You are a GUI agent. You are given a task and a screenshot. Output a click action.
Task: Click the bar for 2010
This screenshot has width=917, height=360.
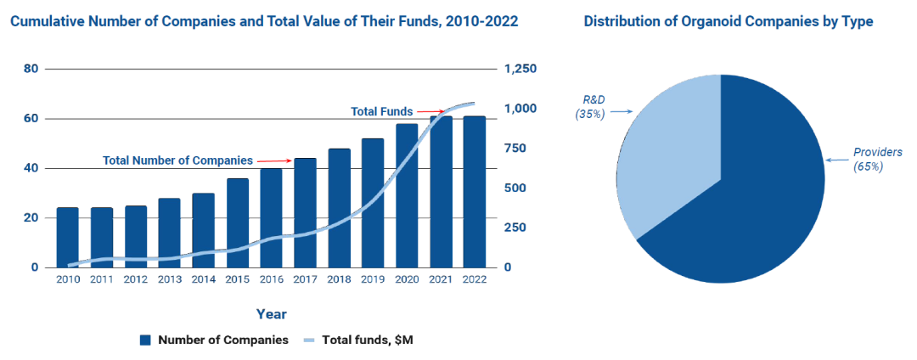[67, 237]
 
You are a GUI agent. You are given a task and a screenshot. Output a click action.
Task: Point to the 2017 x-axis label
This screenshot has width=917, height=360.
[305, 279]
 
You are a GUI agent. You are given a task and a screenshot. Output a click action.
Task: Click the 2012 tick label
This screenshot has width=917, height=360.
[135, 279]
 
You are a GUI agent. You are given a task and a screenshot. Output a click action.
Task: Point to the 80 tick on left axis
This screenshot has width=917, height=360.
[30, 69]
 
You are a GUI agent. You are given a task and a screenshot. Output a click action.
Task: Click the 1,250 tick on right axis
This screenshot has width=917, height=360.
[520, 69]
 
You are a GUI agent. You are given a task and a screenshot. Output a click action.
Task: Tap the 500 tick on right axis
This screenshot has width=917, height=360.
[515, 188]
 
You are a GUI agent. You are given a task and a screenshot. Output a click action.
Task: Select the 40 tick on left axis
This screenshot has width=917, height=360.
[30, 168]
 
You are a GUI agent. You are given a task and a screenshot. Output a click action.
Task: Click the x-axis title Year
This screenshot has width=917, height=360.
[272, 314]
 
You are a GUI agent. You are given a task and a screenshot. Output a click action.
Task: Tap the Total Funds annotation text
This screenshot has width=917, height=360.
[382, 111]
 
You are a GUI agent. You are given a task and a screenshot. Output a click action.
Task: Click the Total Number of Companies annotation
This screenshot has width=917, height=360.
[177, 160]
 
